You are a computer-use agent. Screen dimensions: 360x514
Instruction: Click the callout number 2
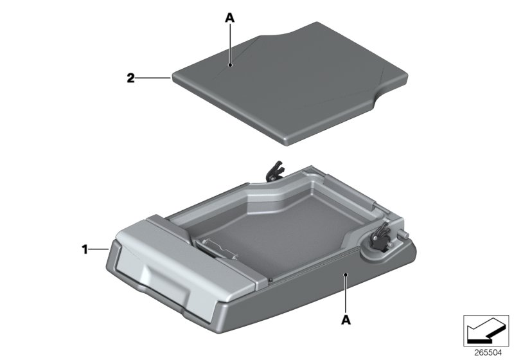(x=130, y=78)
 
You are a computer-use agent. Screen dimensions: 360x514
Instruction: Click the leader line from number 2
(x=154, y=78)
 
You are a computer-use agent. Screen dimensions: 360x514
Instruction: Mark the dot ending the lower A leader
(x=346, y=274)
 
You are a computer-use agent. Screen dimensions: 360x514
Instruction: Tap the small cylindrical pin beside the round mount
(x=403, y=236)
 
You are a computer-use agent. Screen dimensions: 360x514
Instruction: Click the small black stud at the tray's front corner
(x=271, y=280)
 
